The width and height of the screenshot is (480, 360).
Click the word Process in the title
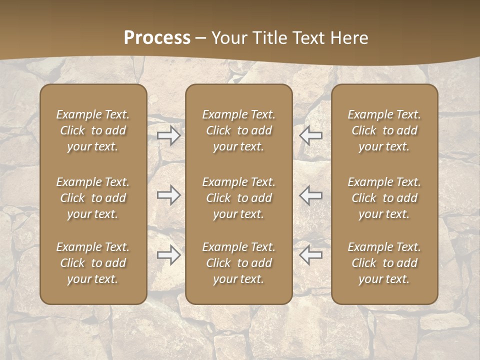[157, 38]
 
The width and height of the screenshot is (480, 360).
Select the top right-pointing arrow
[169, 135]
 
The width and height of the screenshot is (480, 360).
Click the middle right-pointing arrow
[169, 195]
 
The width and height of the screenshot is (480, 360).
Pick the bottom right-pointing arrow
[169, 255]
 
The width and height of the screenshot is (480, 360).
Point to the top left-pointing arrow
[311, 135]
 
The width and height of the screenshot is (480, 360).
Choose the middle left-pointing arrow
[311, 195]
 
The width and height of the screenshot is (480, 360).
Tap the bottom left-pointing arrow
[311, 255]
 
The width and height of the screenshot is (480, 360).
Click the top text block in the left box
[93, 130]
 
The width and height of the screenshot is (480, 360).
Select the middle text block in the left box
[93, 198]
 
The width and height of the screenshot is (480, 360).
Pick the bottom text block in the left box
[93, 263]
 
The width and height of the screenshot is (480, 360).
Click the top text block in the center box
[239, 130]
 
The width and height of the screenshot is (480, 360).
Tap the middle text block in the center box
[239, 198]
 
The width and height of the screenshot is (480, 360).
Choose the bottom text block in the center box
[239, 263]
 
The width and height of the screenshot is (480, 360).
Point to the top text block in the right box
[384, 130]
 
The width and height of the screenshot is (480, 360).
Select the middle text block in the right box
[384, 198]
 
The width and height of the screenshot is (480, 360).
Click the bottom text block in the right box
[384, 263]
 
